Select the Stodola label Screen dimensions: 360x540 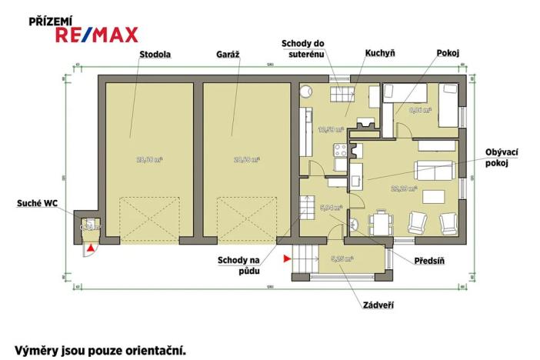tap(155, 55)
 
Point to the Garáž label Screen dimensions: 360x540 tap(228, 55)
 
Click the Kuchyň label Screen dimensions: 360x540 tap(379, 53)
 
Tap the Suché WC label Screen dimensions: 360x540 tap(38, 203)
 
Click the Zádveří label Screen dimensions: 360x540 tap(378, 305)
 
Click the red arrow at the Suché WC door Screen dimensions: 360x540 tap(91, 248)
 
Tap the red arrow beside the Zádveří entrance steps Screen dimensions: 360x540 tap(286, 259)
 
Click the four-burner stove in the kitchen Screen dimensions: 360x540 tap(336, 152)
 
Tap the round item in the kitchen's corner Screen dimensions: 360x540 tap(305, 88)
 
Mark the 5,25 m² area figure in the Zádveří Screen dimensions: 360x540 tap(341, 258)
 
